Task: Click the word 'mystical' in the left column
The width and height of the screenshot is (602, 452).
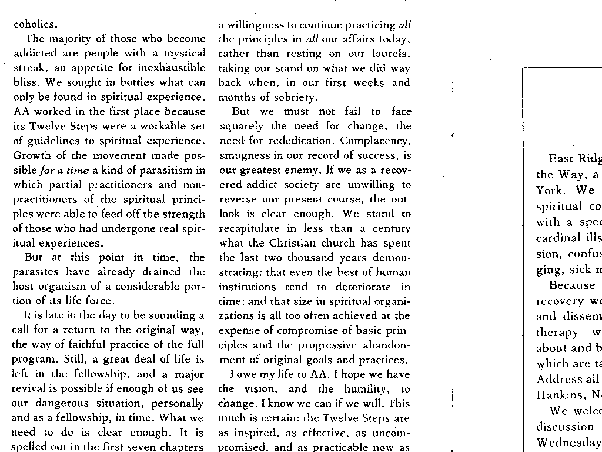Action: coord(181,54)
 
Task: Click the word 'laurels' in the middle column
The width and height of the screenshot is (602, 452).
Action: coord(389,54)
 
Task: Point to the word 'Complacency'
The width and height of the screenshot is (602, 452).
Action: coord(380,141)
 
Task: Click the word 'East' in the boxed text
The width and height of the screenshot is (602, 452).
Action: coord(561,158)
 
